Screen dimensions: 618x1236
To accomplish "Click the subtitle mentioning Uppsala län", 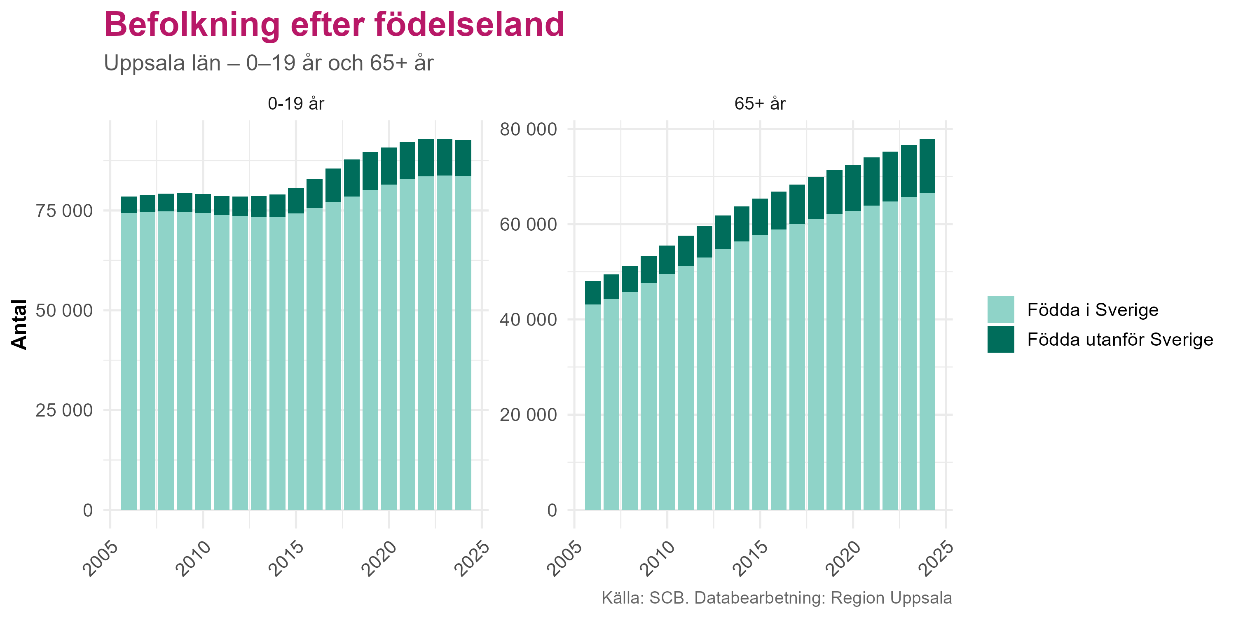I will pyautogui.click(x=269, y=63).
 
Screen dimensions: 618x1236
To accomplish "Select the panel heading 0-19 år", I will pyautogui.click(x=296, y=104).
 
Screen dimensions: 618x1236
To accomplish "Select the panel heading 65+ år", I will pyautogui.click(x=760, y=104).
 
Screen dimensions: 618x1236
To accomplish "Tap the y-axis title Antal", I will pyautogui.click(x=19, y=324).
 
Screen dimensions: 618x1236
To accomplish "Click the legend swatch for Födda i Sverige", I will pyautogui.click(x=1000, y=309).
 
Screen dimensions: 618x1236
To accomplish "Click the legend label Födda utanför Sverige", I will pyautogui.click(x=1120, y=340).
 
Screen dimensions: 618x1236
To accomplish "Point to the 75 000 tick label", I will pyautogui.click(x=64, y=211).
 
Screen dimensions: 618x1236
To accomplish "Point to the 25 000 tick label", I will pyautogui.click(x=64, y=410).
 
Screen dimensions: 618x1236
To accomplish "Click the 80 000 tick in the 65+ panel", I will pyautogui.click(x=528, y=129).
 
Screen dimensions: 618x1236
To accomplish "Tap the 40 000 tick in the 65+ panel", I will pyautogui.click(x=528, y=320).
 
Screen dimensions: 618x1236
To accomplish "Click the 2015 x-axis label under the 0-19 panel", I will pyautogui.click(x=286, y=559).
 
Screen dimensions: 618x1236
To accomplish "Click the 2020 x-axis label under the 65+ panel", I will pyautogui.click(x=843, y=559).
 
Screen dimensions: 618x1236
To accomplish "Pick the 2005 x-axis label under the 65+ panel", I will pyautogui.click(x=565, y=559).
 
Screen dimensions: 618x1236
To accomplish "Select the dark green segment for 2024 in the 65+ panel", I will pyautogui.click(x=927, y=166).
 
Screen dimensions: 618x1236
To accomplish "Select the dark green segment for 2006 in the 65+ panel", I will pyautogui.click(x=592, y=293).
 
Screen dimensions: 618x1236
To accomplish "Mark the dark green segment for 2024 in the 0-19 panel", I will pyautogui.click(x=463, y=158).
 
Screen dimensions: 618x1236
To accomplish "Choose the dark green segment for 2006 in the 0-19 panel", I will pyautogui.click(x=129, y=204).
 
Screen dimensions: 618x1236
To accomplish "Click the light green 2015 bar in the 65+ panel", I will pyautogui.click(x=760, y=372).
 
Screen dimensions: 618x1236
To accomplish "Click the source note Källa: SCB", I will pyautogui.click(x=776, y=598).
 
